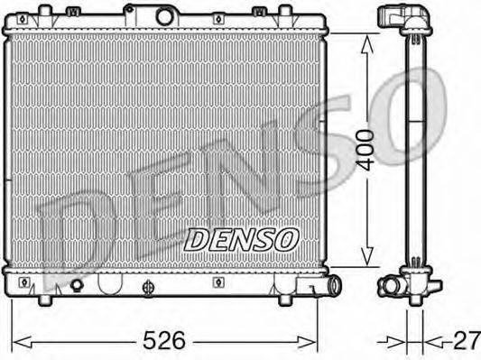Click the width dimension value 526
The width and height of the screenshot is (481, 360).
coord(166,341)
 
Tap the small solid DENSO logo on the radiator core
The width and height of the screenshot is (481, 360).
coord(241,239)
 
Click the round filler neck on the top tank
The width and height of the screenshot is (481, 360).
coord(164,15)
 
